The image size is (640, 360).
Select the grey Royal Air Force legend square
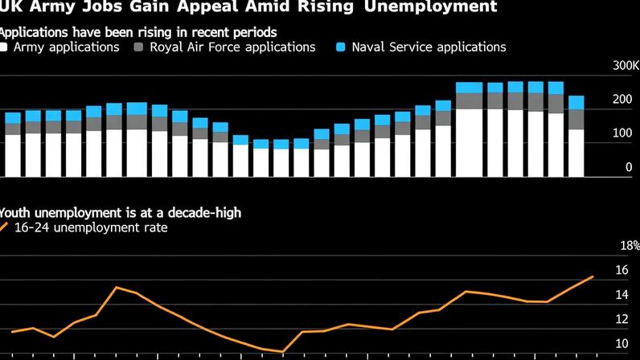click(139, 47)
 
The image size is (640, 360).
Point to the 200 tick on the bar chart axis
click(622, 100)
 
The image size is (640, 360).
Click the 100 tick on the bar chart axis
click(622, 133)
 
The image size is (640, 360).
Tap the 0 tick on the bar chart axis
click(628, 168)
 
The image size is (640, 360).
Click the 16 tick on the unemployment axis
click(622, 270)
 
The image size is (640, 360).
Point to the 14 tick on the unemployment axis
click(622, 295)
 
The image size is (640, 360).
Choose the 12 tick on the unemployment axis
click(622, 320)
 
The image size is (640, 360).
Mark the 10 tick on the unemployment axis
click(622, 344)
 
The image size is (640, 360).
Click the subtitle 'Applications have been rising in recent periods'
click(137, 32)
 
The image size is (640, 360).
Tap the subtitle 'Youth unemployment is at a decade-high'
click(120, 213)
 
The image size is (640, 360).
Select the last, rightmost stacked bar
click(576, 137)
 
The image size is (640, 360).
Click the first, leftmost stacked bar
click(13, 145)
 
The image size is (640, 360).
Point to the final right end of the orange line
click(593, 276)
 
